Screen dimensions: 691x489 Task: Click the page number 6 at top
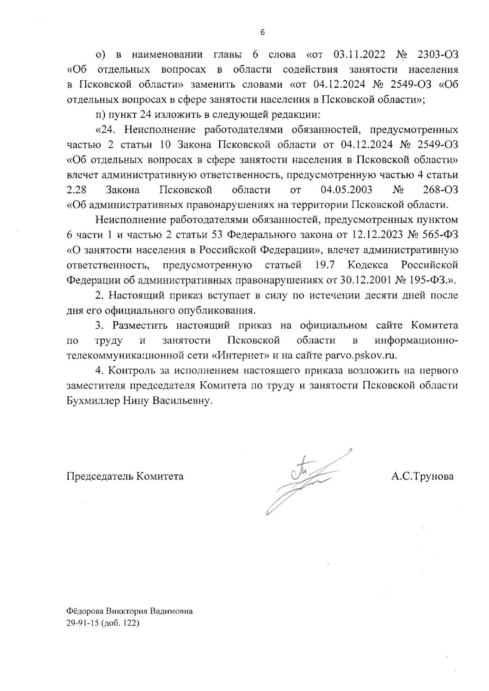(262, 33)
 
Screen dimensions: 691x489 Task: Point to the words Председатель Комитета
(125, 476)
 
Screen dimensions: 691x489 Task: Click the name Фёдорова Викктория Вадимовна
(130, 611)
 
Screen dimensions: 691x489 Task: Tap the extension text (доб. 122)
(120, 623)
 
